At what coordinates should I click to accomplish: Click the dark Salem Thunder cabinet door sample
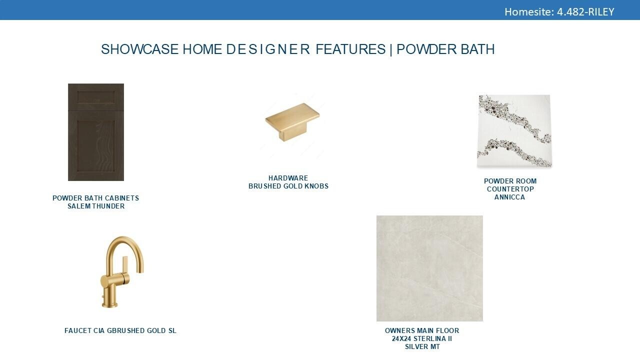click(96, 132)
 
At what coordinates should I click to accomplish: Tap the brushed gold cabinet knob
click(292, 121)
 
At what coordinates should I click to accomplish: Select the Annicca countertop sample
click(514, 131)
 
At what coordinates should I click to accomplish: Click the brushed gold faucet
click(122, 272)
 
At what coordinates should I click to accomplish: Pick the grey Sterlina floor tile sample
click(429, 268)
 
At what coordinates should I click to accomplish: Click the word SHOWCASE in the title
click(139, 49)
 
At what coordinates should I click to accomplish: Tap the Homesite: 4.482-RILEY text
click(559, 11)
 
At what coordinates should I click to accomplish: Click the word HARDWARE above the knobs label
click(288, 178)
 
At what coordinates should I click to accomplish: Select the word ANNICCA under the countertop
click(509, 197)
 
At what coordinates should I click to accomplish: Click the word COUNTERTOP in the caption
click(510, 189)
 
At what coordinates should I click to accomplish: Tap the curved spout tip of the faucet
click(141, 270)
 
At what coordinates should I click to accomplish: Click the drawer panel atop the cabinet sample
click(96, 97)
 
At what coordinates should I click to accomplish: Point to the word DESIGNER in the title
click(268, 49)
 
